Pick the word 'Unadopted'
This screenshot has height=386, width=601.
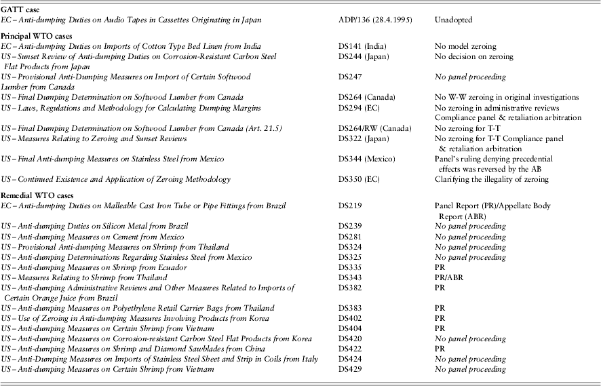[x=454, y=20]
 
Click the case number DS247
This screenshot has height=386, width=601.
[x=351, y=77]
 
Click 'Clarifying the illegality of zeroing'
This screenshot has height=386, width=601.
[x=491, y=179]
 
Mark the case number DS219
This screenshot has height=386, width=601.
[x=351, y=205]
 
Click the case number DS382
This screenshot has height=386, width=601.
[x=351, y=288]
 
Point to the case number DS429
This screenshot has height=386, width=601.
[x=351, y=368]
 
